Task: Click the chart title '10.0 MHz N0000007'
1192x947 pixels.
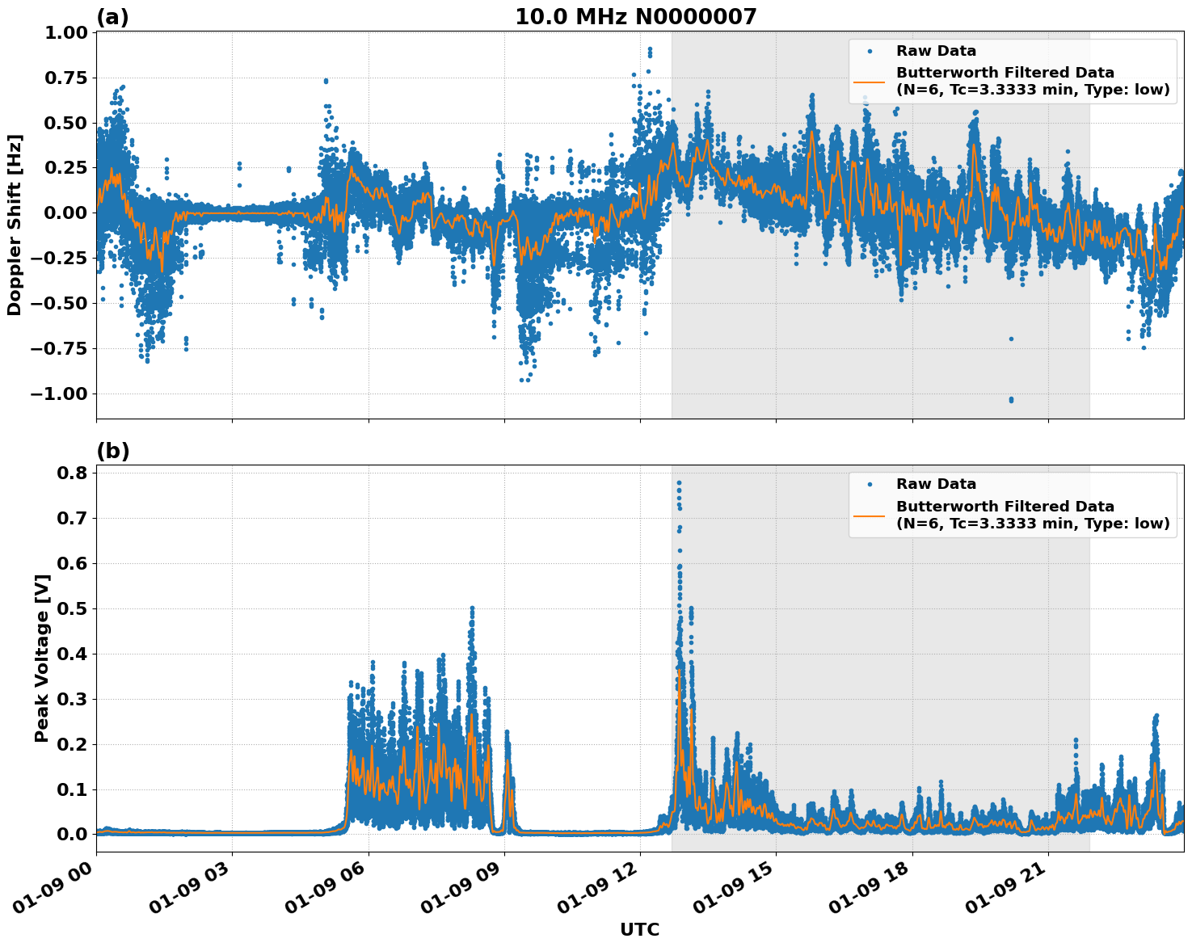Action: pos(636,17)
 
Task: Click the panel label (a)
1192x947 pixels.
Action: pos(112,17)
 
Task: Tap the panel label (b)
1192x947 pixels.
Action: pos(112,451)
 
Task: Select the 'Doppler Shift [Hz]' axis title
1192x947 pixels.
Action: pos(15,225)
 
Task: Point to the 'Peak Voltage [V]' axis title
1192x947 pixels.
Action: pos(42,658)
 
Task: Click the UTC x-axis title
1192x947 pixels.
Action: pos(639,929)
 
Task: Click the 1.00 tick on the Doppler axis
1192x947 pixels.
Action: pos(64,33)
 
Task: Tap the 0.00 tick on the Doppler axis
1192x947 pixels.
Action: pos(64,213)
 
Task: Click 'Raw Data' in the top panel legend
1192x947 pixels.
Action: pos(936,51)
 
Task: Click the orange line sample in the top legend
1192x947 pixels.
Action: pos(870,81)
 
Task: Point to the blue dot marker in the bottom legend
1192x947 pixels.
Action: pos(870,485)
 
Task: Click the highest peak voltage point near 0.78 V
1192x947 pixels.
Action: pos(679,482)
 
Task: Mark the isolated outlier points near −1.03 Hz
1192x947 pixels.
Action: pos(1011,399)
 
